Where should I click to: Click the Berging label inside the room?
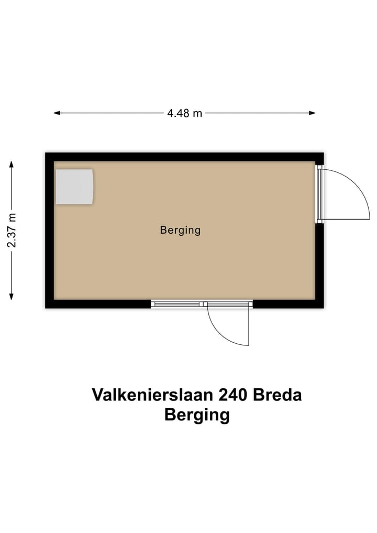coord(180,230)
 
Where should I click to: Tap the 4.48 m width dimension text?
coord(184,113)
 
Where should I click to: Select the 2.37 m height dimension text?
coord(12,231)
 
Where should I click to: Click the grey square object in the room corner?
coord(74,187)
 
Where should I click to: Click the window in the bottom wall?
coord(175,303)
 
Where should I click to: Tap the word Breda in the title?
coord(278,395)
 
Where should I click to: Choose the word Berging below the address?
coord(197,415)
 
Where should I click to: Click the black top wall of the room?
coord(183,157)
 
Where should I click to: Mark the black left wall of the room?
coord(50,231)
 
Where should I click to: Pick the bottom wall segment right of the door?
coord(288,304)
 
